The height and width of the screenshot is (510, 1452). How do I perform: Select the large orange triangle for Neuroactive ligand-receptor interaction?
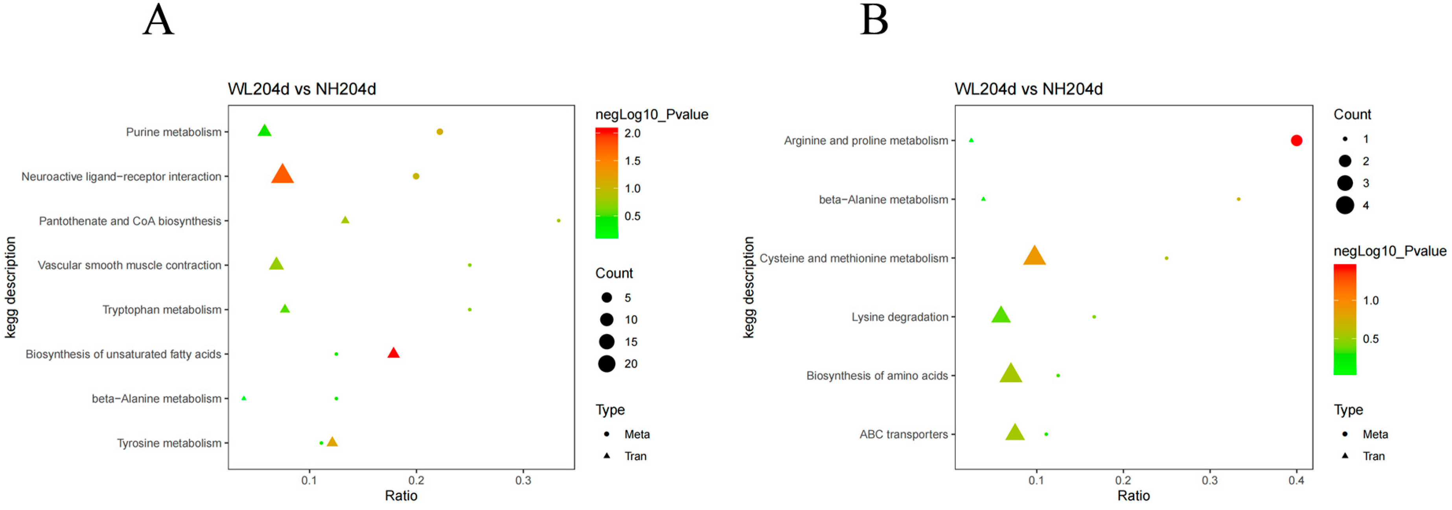click(x=282, y=175)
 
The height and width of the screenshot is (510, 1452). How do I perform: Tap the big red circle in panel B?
click(x=1296, y=140)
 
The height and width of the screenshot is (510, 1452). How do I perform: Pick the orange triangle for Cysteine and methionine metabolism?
click(x=1034, y=256)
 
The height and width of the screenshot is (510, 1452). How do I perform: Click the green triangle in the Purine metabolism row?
click(x=264, y=131)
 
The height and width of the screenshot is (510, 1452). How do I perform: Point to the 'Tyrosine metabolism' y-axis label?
click(x=169, y=443)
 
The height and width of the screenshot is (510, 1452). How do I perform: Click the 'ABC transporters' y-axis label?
click(x=904, y=435)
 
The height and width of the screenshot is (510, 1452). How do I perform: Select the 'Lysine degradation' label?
click(x=900, y=317)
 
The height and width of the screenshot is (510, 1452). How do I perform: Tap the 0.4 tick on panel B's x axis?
click(x=1296, y=480)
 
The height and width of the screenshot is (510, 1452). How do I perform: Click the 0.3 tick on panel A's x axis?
click(x=523, y=480)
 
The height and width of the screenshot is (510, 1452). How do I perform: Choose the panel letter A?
click(x=158, y=20)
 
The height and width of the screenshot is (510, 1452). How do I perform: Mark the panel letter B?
click(x=874, y=20)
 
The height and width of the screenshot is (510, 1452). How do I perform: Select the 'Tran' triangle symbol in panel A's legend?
click(x=607, y=455)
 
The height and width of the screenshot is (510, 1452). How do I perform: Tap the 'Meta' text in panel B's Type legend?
click(x=1375, y=435)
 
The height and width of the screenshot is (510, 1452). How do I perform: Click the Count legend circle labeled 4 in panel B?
click(x=1345, y=205)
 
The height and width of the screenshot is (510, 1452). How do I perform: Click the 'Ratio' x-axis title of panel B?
click(x=1134, y=496)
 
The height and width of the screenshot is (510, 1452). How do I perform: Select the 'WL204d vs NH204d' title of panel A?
click(x=302, y=89)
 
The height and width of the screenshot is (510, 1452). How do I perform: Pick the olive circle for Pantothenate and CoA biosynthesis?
click(x=559, y=220)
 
